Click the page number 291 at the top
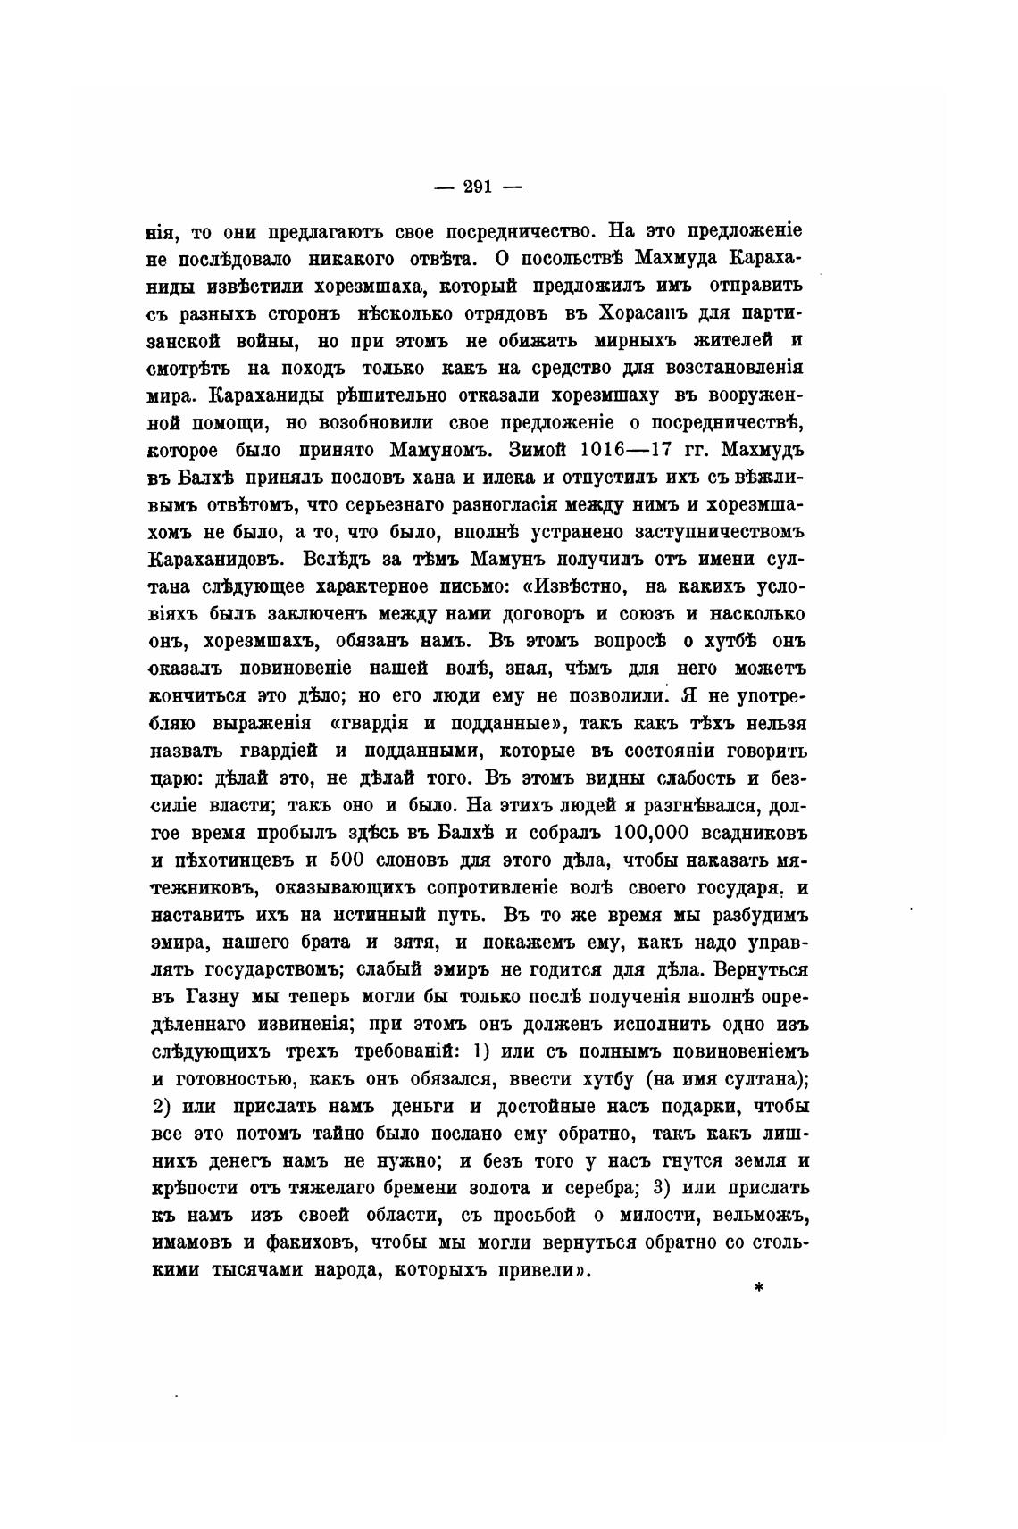pos(478,187)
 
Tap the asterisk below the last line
pos(758,1286)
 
